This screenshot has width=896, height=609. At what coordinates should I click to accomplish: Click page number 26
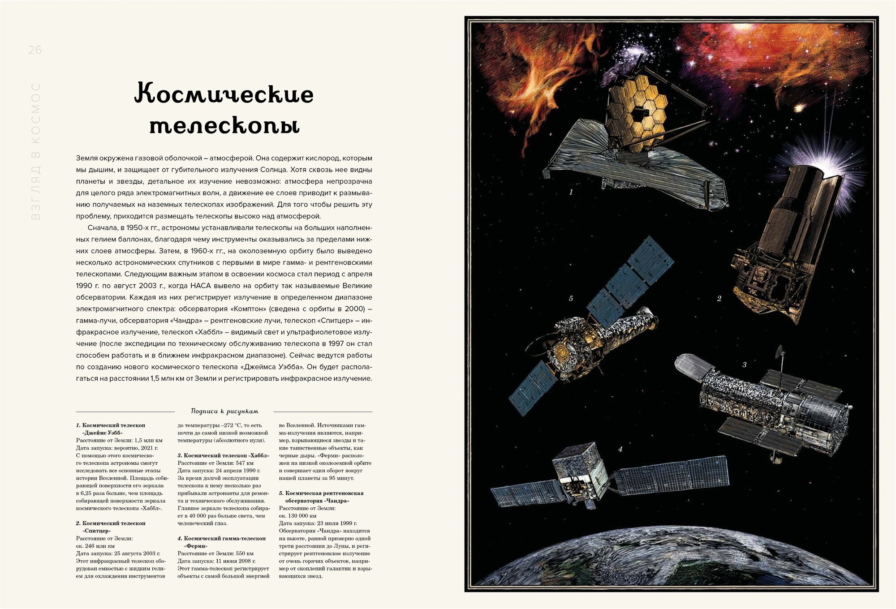pos(34,50)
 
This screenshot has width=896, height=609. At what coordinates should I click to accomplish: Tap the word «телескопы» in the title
pos(224,126)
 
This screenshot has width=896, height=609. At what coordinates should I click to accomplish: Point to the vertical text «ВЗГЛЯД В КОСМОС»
pos(36,151)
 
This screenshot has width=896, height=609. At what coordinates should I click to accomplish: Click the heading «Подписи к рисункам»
pos(224,411)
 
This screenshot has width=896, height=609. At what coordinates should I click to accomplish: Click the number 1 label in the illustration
pos(571,192)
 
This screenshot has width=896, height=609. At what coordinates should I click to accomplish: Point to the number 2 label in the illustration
pos(719,299)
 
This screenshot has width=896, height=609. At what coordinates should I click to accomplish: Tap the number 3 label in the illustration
pos(744,365)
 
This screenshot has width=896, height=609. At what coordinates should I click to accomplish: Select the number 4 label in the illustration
pos(620,449)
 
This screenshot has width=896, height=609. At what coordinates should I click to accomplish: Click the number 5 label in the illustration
pos(571,299)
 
